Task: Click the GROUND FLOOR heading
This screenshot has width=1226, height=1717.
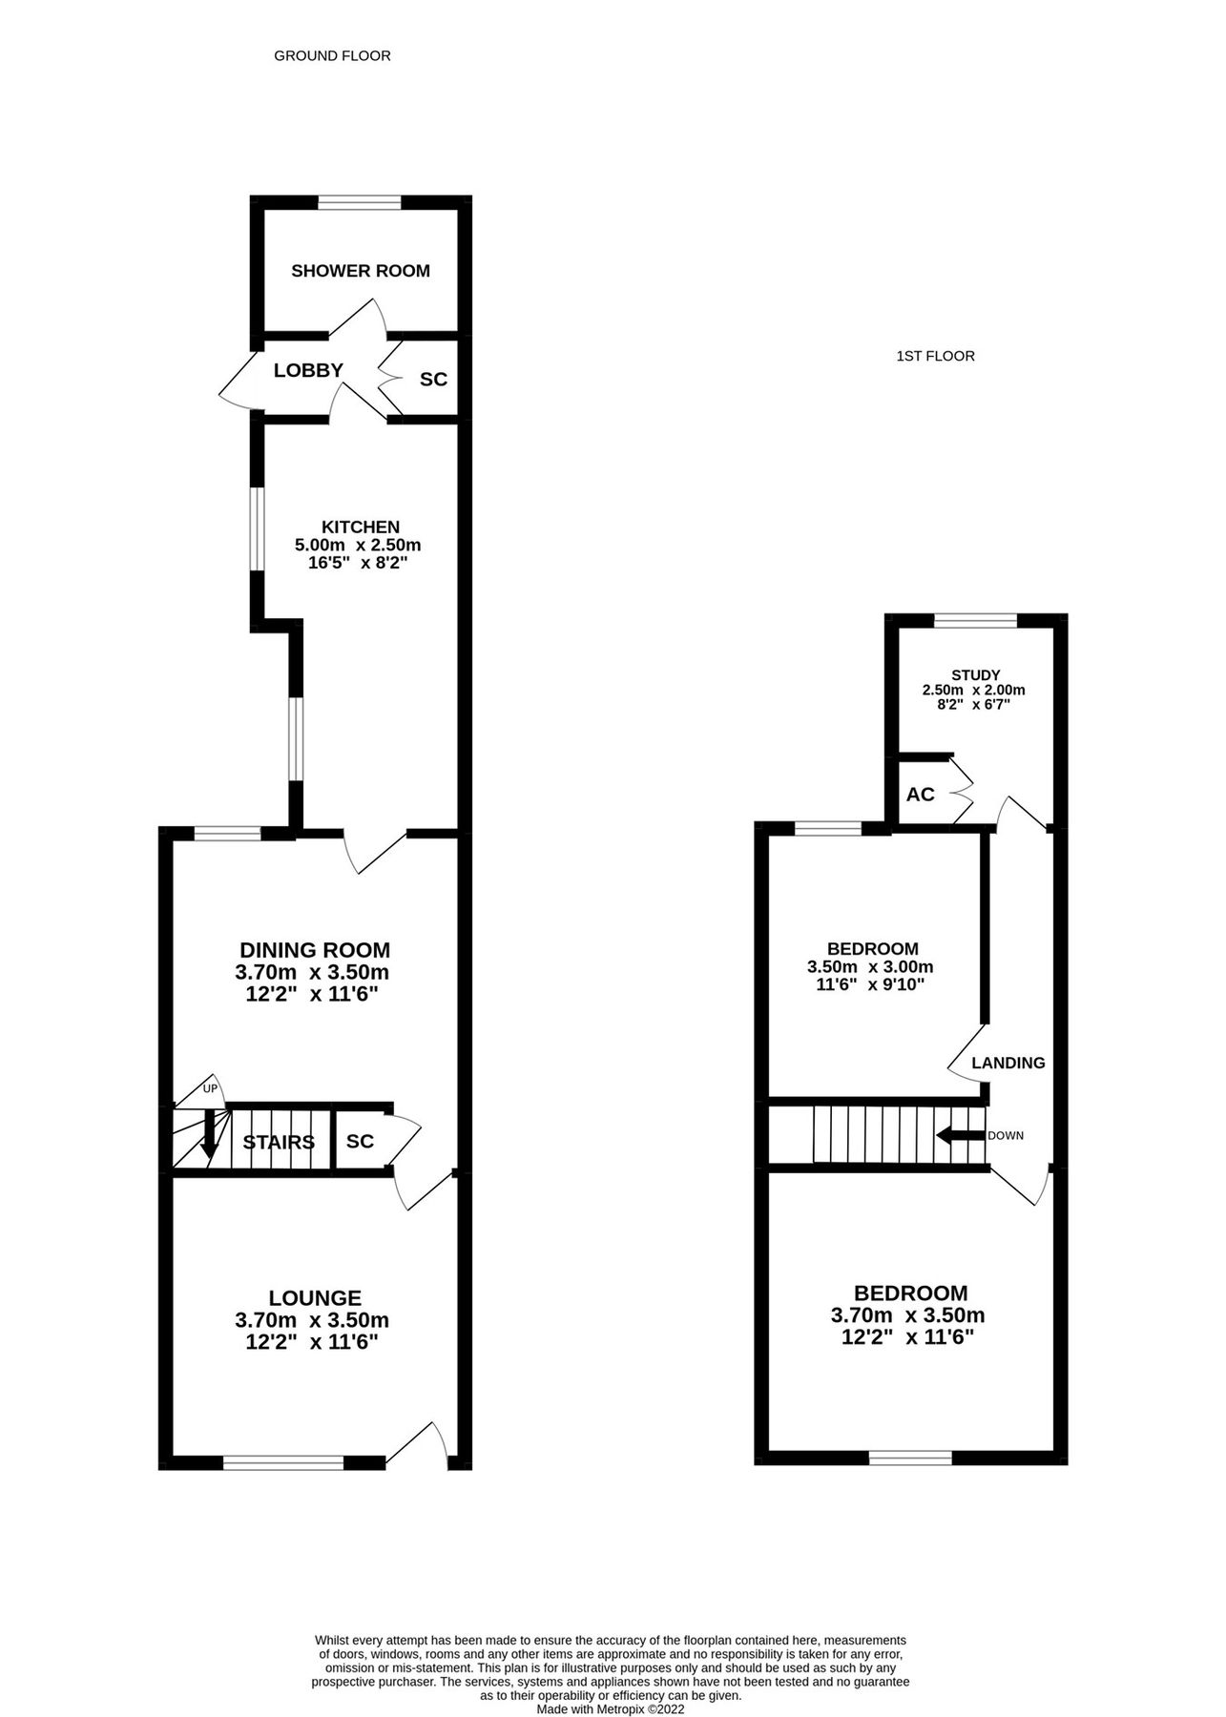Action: click(332, 56)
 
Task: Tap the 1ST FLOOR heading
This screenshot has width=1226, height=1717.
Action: click(935, 357)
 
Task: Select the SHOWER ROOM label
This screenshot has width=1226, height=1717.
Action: click(361, 271)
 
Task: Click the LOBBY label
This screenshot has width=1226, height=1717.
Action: click(308, 370)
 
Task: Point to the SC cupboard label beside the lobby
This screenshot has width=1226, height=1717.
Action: click(433, 380)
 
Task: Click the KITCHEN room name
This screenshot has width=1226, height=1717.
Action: click(360, 527)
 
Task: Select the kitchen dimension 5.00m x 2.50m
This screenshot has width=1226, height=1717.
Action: click(358, 546)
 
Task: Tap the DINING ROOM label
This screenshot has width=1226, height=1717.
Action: click(314, 950)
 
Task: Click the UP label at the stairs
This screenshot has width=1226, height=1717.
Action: click(210, 1088)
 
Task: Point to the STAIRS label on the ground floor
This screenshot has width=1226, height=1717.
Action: click(279, 1142)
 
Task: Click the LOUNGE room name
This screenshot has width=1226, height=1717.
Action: click(315, 1298)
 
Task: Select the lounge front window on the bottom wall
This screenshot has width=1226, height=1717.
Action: click(283, 1461)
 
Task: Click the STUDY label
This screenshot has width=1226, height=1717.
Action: click(975, 675)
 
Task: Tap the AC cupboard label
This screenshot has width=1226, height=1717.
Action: click(920, 795)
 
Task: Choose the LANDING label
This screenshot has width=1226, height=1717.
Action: click(1008, 1063)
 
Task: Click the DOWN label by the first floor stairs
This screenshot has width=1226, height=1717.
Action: click(1006, 1136)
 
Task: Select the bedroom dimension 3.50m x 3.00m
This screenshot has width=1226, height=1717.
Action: click(870, 966)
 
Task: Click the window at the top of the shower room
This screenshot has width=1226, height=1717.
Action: click(360, 201)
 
